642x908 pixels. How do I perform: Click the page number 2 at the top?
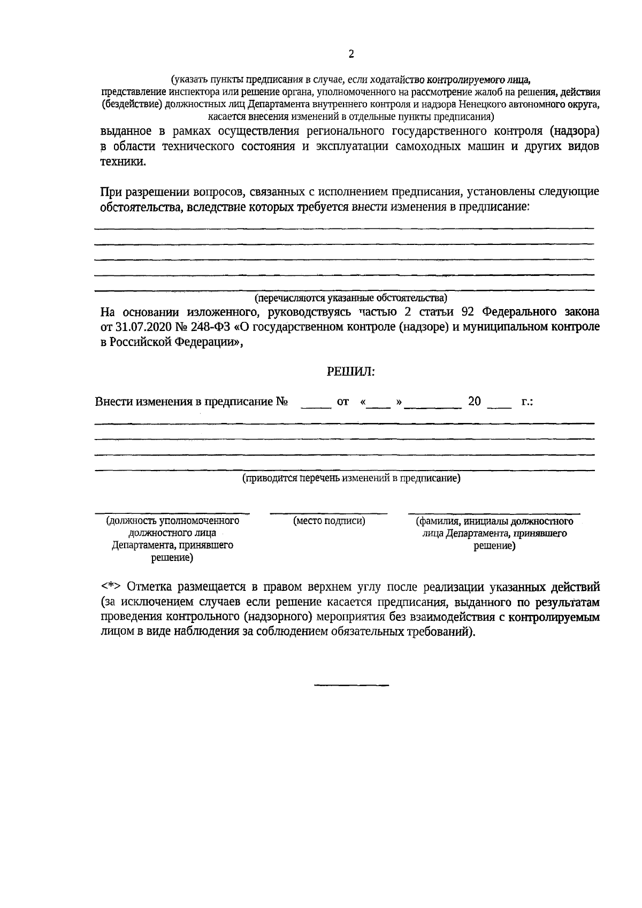pos(351,54)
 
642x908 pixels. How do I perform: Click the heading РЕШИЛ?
pos(350,372)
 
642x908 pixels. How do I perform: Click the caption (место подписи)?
pos(329,521)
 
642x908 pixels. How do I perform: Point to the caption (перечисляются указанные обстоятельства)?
pos(350,298)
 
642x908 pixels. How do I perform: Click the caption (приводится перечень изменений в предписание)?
pos(351,479)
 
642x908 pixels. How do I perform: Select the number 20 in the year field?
pos(475,402)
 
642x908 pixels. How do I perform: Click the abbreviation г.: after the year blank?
pos(526,402)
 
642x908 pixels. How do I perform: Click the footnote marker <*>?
pos(111,587)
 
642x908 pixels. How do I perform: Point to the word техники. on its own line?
pos(123,163)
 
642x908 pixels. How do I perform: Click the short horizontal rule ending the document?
pos(351,685)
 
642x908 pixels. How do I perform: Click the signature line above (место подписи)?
pos(328,513)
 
